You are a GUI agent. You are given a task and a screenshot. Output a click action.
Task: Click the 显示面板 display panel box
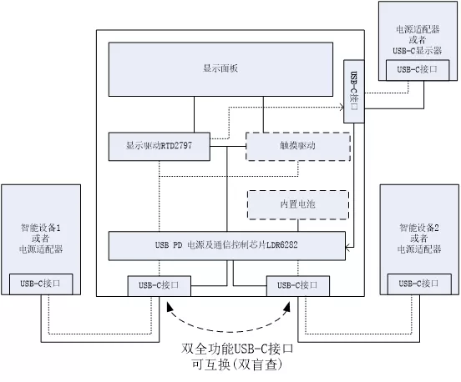220,69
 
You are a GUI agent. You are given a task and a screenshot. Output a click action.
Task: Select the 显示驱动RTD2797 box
160,147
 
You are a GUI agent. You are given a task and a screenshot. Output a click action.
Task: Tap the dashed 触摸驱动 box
298,147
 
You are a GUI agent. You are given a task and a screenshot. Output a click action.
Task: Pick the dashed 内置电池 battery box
298,204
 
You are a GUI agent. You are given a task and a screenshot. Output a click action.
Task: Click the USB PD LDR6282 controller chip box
227,246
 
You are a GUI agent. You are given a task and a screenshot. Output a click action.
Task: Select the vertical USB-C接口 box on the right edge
354,91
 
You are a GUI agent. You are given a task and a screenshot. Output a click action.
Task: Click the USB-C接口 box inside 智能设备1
41,284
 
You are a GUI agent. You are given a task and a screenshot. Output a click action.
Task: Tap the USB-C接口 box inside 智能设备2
419,284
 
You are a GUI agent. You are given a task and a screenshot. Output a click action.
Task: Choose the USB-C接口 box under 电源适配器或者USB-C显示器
418,70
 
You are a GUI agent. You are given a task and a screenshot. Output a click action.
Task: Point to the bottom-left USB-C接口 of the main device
159,286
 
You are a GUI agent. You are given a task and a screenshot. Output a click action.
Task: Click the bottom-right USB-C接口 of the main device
298,286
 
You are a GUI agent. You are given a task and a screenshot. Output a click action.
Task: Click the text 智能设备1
41,228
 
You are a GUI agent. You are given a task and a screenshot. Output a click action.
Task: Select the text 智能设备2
419,228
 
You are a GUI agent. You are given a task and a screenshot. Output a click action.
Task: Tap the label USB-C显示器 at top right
418,51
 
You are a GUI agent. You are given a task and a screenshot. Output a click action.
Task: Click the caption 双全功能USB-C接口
237,349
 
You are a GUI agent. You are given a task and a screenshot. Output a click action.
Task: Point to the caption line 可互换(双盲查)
237,364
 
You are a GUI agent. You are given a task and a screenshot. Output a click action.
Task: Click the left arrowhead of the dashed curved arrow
170,307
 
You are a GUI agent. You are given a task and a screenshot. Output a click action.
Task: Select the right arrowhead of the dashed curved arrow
287,307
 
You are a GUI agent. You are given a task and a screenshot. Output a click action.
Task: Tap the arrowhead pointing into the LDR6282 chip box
347,248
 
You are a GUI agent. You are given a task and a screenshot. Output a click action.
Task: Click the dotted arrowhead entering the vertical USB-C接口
342,107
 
